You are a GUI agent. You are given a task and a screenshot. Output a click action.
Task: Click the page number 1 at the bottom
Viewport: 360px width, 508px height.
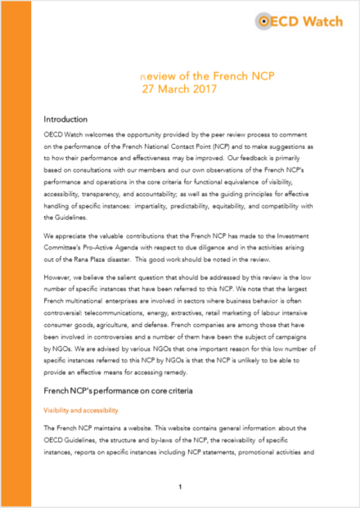point(179,488)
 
